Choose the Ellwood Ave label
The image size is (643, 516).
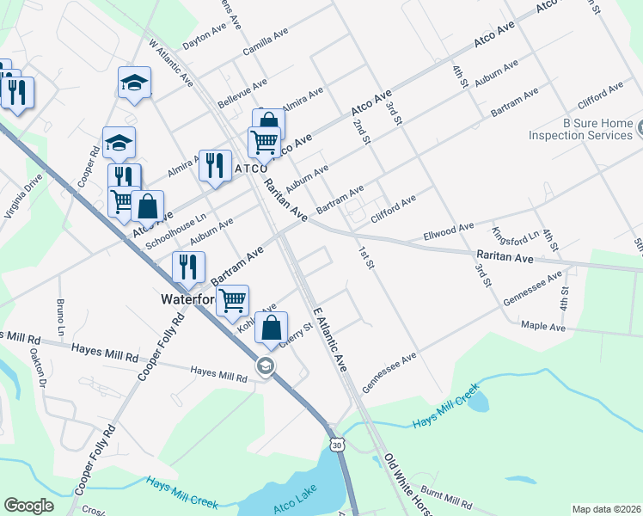point(449,230)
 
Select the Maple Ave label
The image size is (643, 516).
point(543,327)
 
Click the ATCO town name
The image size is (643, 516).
point(252,169)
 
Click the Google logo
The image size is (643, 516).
point(29,506)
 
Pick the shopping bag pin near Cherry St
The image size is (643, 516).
point(272,329)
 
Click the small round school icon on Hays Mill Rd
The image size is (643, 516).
point(266,367)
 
